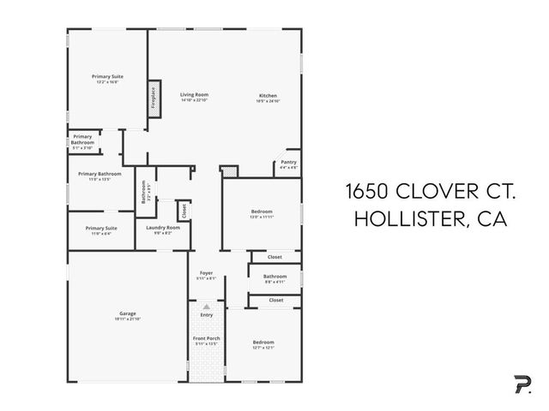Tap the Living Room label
194,95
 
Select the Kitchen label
268,95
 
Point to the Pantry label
288,162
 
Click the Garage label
127,313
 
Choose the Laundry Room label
162,227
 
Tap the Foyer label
205,274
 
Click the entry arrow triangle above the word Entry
205,306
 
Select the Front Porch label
205,338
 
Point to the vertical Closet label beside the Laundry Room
183,210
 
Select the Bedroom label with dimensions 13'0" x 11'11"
262,211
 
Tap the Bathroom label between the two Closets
274,277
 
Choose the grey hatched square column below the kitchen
227,172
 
